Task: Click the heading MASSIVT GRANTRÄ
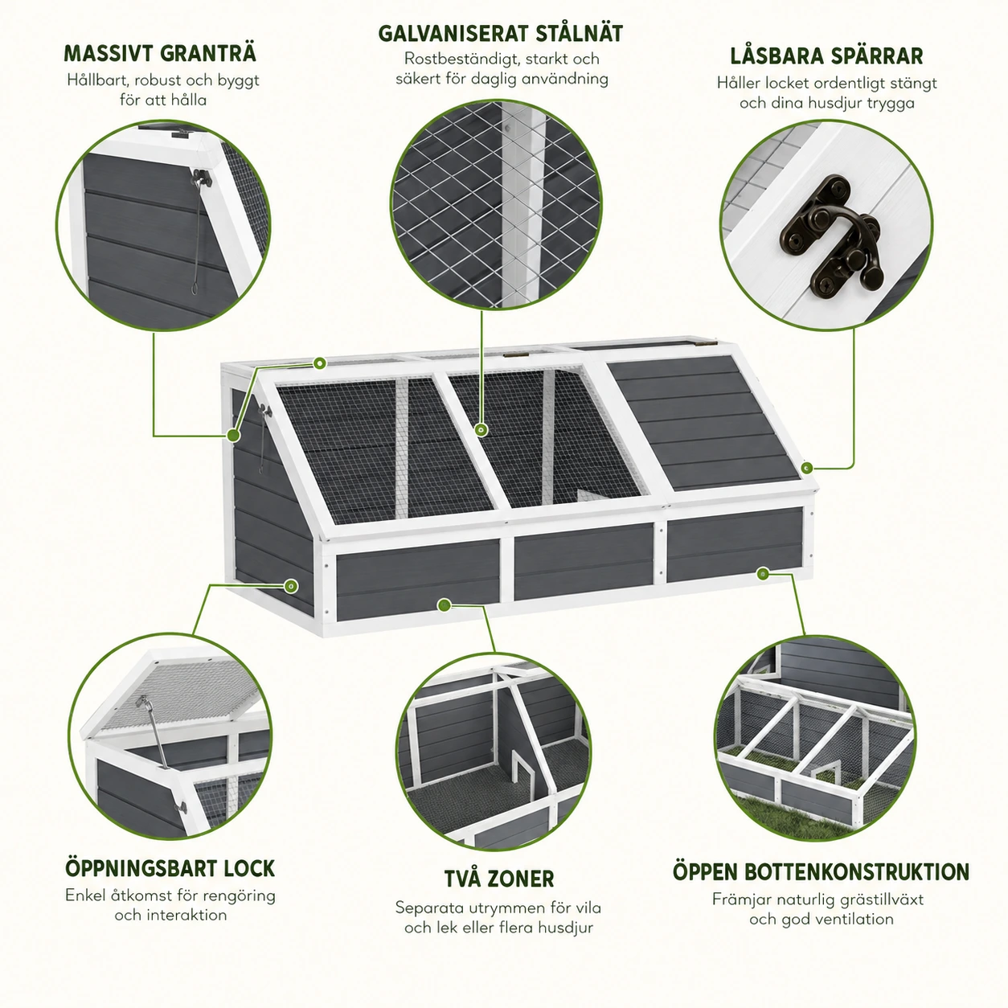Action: pyautogui.click(x=160, y=54)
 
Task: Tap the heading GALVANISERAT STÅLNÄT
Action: pyautogui.click(x=501, y=34)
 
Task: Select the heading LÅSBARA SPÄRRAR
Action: pyautogui.click(x=826, y=56)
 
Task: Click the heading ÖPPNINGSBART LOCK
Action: pyautogui.click(x=170, y=869)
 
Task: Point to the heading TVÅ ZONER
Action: pyautogui.click(x=499, y=879)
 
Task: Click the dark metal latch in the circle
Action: pyautogui.click(x=830, y=236)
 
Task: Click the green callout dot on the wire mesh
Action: pyautogui.click(x=481, y=430)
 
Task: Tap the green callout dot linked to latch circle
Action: pyautogui.click(x=807, y=468)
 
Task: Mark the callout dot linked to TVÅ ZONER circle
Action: pyautogui.click(x=444, y=605)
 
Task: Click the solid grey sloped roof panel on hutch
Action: pyautogui.click(x=703, y=424)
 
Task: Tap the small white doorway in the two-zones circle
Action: pyautogui.click(x=520, y=769)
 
